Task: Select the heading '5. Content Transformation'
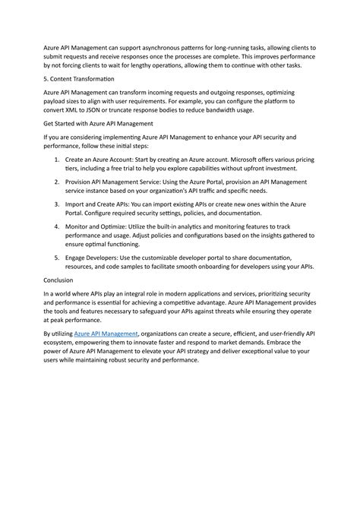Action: (79, 79)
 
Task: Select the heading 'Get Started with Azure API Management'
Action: (99, 123)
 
